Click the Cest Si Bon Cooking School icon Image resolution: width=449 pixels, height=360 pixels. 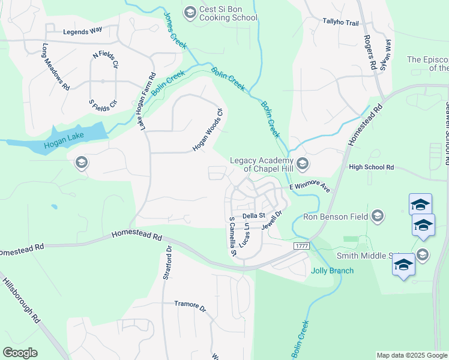pyautogui.click(x=190, y=12)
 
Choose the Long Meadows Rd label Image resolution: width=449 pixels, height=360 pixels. pyautogui.click(x=56, y=67)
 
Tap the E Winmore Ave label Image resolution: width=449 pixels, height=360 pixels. pyautogui.click(x=310, y=187)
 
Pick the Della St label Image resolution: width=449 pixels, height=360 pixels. pyautogui.click(x=253, y=215)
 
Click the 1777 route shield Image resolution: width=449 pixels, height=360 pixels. pyautogui.click(x=301, y=247)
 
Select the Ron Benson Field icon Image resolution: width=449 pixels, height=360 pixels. pyautogui.click(x=377, y=215)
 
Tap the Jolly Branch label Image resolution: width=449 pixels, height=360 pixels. pyautogui.click(x=332, y=271)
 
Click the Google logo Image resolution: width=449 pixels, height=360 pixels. pyautogui.click(x=20, y=353)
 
